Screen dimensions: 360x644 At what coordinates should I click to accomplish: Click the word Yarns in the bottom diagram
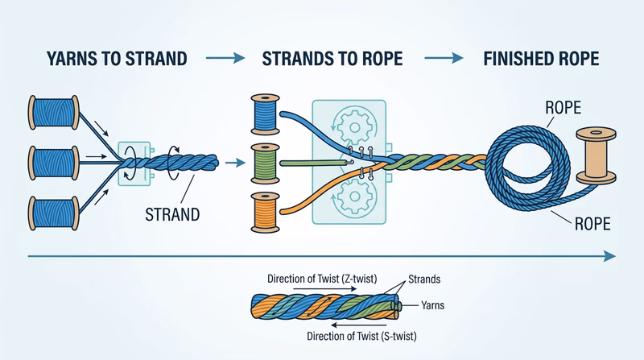pyautogui.click(x=436, y=305)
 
